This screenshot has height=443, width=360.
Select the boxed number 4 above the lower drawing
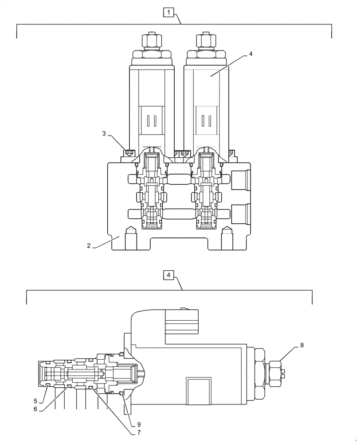tap(168, 275)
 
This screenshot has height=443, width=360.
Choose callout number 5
tap(35, 401)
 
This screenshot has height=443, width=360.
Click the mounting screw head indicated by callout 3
tap(129, 153)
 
